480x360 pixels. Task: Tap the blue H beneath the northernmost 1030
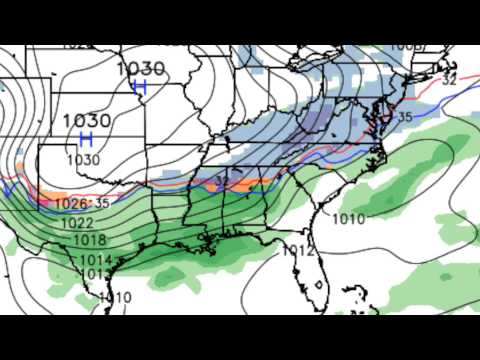140,87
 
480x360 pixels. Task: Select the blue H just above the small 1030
86,138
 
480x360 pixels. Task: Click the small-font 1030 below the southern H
84,159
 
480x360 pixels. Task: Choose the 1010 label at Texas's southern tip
115,297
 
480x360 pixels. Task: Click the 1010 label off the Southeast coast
348,218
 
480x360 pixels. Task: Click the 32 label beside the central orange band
220,181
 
